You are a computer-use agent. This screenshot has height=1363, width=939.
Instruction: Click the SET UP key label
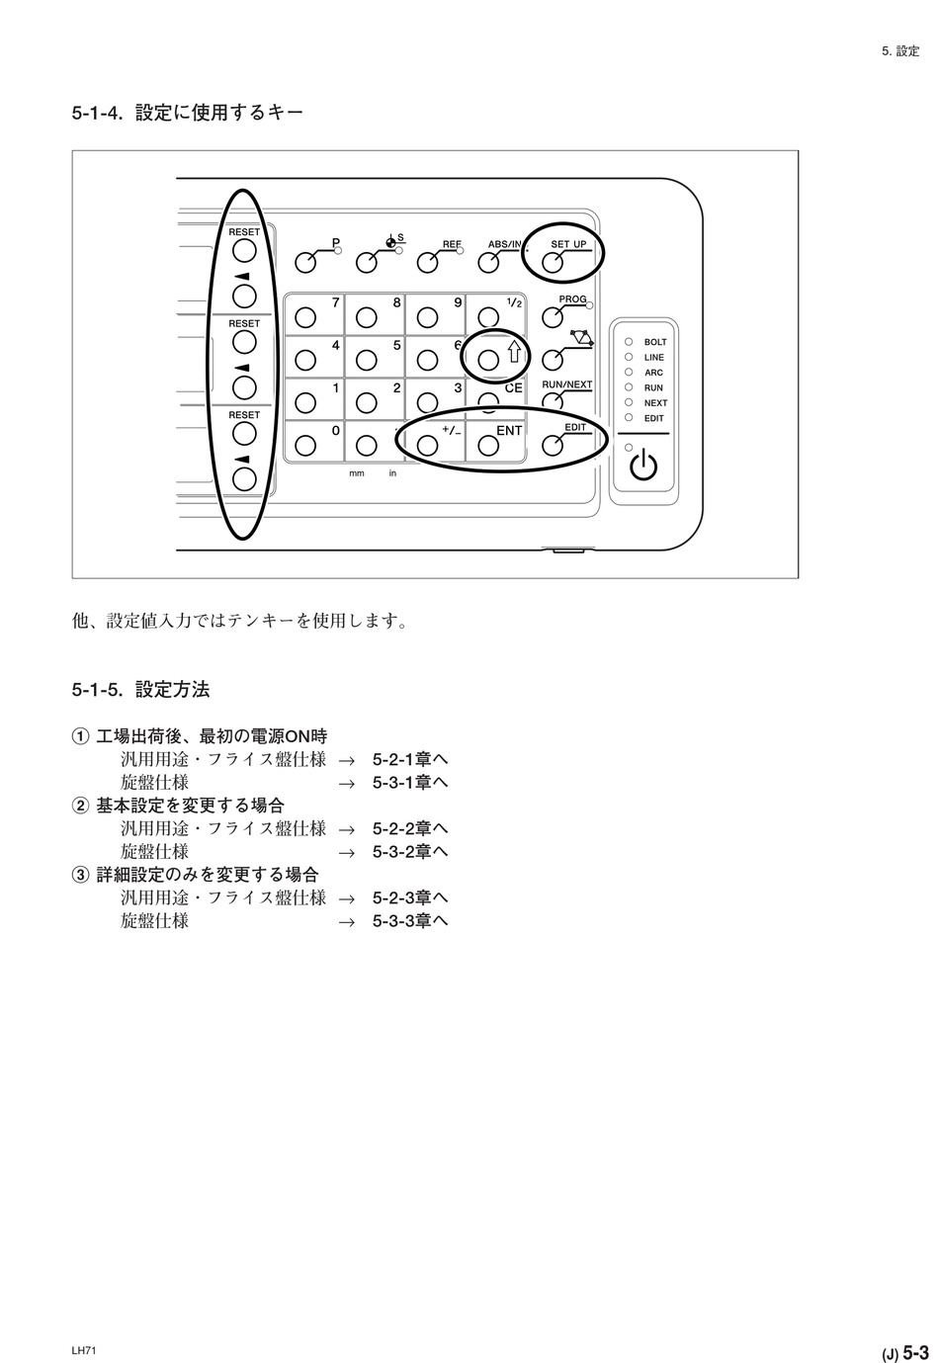pos(567,244)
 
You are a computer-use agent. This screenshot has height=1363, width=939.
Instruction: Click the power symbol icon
pos(642,467)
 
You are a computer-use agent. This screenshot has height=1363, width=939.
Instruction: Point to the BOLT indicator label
pos(654,342)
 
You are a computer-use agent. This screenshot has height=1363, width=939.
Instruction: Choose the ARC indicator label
pos(653,373)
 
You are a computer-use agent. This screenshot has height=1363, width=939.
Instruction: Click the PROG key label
pos(572,298)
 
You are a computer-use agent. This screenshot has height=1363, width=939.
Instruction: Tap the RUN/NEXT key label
pos(566,384)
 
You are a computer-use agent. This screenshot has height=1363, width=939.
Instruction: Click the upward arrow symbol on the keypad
pos(514,352)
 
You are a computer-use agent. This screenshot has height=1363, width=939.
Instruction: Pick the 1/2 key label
pos(514,302)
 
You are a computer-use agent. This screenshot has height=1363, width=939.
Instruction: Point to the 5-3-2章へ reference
pos(410,851)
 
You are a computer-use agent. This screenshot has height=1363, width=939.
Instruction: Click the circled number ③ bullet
pos(80,875)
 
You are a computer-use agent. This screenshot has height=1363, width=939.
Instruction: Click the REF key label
pos(452,244)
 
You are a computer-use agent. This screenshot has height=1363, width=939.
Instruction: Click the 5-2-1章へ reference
pos(410,759)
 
